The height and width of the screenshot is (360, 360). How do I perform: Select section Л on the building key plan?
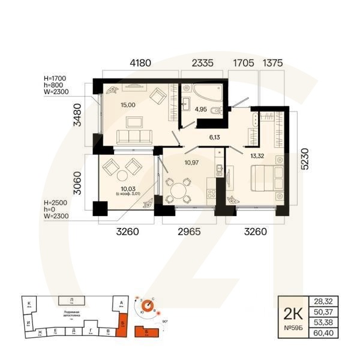pyautogui.click(x=71, y=299)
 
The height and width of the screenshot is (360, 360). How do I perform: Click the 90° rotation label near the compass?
pyautogui.click(x=165, y=322)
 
